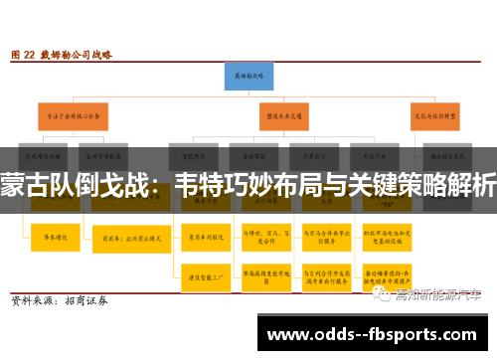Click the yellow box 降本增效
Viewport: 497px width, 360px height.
(47, 237)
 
